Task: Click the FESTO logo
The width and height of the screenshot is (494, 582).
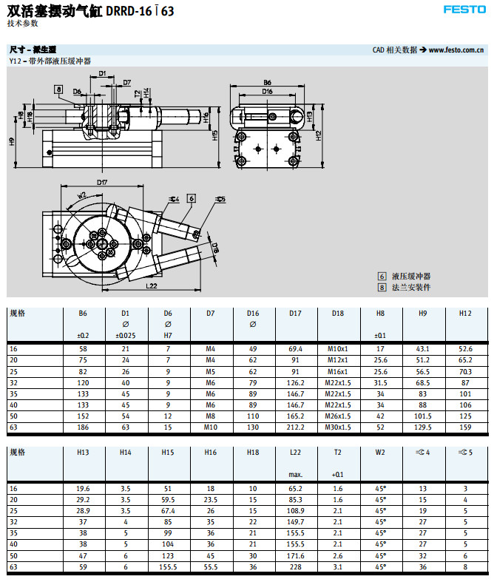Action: pos(464,10)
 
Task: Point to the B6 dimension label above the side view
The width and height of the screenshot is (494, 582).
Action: pos(267,82)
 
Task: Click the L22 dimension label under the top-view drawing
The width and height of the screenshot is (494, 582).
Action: pos(151,285)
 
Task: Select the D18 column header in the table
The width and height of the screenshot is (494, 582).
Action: pos(338,314)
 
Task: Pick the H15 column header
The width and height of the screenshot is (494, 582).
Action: pos(168,453)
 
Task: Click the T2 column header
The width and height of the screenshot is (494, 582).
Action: pos(338,453)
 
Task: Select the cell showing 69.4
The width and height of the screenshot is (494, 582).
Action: pos(295,348)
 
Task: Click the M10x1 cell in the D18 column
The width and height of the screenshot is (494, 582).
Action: pos(338,348)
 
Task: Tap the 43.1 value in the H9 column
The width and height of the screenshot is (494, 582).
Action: pos(423,348)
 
